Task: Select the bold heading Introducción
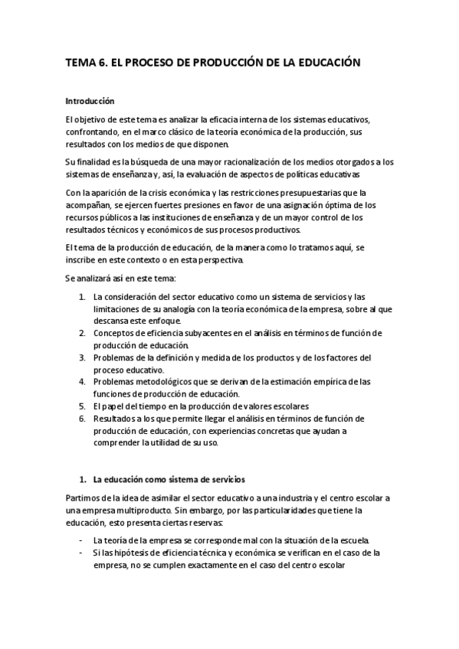(90, 100)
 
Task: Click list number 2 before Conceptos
(82, 333)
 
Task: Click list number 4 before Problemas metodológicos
(82, 381)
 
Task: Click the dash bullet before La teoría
(82, 540)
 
